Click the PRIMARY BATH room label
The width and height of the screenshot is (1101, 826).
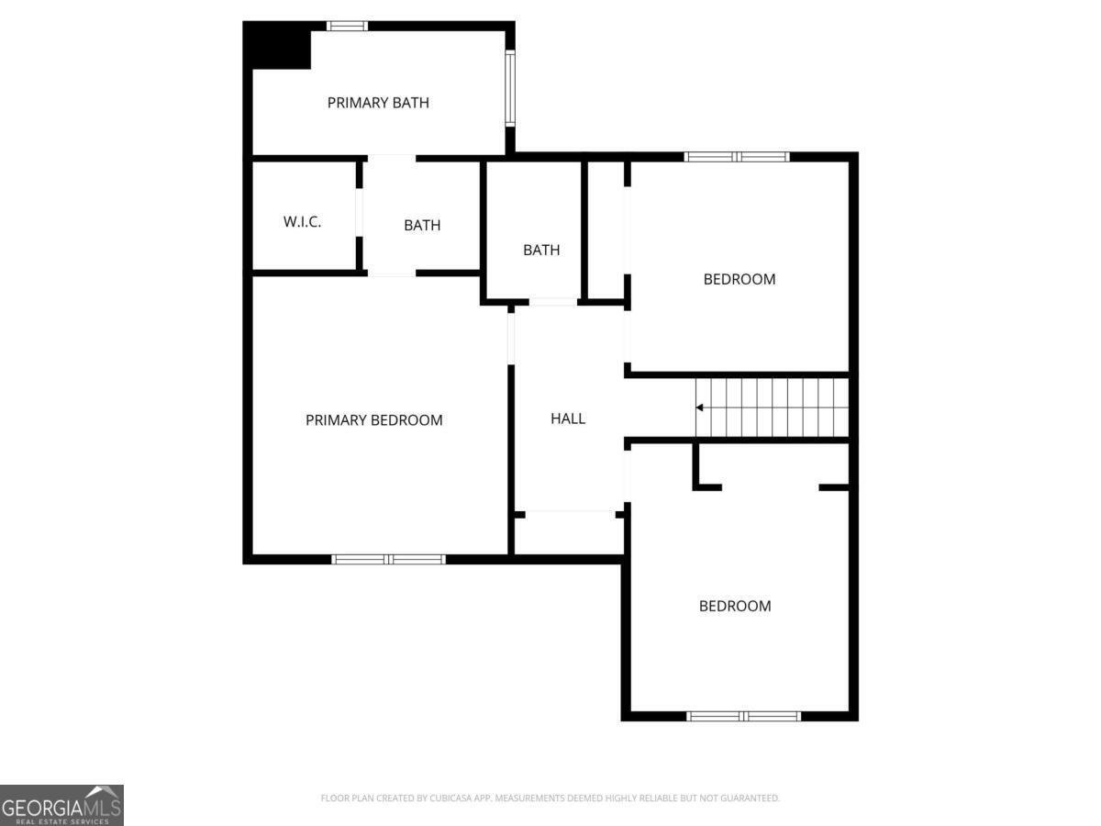(378, 103)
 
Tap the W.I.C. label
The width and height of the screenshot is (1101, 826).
(302, 222)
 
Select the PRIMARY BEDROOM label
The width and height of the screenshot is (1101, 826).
(373, 420)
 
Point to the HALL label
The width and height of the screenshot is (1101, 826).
(568, 419)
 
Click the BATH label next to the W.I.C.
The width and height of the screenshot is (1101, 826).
(422, 225)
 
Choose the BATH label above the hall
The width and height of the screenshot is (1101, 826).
(541, 250)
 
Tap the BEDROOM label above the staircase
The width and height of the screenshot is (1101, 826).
(739, 279)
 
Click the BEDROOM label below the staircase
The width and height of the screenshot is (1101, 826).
(735, 606)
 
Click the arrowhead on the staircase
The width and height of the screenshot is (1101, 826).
(700, 407)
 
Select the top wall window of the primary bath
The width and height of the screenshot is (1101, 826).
(348, 26)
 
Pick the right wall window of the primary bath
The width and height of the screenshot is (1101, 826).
(510, 87)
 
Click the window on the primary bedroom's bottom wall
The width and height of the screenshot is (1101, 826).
(389, 559)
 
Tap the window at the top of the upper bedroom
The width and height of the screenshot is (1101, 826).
(738, 157)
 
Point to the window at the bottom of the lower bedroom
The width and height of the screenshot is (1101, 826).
(744, 716)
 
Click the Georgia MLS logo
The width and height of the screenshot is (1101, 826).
(61, 805)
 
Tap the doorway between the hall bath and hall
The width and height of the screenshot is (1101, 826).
(553, 301)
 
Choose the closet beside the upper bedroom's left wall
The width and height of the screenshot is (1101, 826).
(606, 229)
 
